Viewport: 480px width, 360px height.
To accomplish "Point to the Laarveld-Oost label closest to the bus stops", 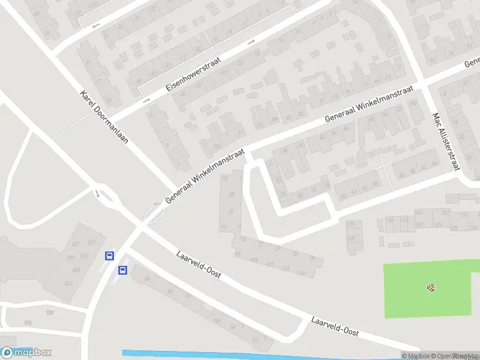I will [199, 265].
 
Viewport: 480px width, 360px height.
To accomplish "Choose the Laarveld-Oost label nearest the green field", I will [334, 326].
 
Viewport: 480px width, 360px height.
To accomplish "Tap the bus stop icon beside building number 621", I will [109, 256].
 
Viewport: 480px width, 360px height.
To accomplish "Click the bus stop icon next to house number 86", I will [122, 270].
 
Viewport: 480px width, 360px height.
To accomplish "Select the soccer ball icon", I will [430, 288].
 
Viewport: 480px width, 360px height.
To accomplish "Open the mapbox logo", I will [26, 353].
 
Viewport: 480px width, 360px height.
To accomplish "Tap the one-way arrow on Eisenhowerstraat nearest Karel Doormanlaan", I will [146, 100].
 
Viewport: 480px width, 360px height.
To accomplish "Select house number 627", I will [75, 244].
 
